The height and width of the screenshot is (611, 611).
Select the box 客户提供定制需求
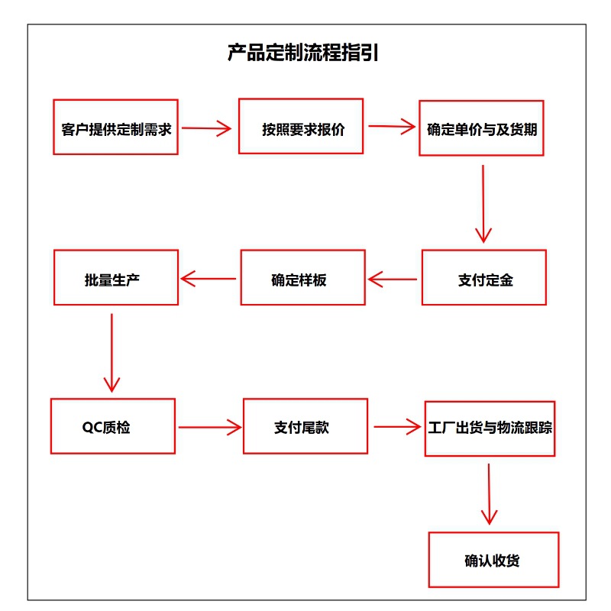tap(115, 127)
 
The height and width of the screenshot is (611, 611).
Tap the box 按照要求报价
tap(301, 126)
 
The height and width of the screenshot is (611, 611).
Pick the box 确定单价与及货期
tap(481, 128)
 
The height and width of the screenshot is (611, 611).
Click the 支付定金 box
tap(484, 279)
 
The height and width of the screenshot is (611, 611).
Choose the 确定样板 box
tap(303, 278)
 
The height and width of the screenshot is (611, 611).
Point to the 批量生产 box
tap(115, 277)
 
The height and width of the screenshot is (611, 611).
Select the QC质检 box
tap(112, 426)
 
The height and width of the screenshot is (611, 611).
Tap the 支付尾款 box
tap(305, 426)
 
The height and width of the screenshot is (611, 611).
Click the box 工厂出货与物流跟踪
tap(489, 428)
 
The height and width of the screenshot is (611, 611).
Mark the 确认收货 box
tap(493, 560)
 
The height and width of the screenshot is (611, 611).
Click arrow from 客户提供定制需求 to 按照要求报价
tap(206, 128)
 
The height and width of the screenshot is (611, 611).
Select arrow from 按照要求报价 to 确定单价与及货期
tap(391, 127)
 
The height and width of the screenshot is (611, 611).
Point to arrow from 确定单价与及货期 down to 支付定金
tap(483, 203)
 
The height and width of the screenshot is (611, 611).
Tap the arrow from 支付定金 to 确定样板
tap(393, 280)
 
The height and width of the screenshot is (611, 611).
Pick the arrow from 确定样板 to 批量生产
tap(209, 279)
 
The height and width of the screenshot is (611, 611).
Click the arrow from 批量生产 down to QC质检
tap(112, 351)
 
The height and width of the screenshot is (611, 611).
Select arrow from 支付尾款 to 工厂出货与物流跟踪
tap(397, 427)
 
